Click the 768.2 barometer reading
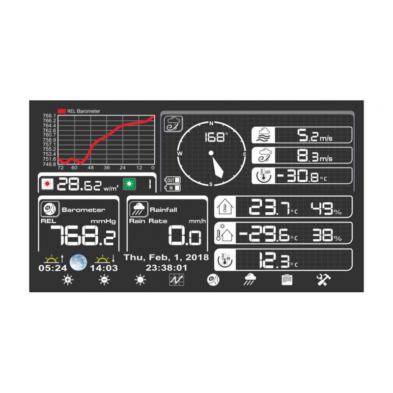pyautogui.click(x=83, y=235)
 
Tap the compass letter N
pyautogui.click(x=211, y=123)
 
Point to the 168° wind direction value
pyautogui.click(x=217, y=138)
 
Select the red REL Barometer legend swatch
pyautogui.click(x=62, y=111)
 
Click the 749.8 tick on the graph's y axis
pyautogui.click(x=50, y=164)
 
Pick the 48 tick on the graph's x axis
pyautogui.click(x=90, y=168)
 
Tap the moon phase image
pyautogui.click(x=79, y=262)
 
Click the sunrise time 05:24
pyautogui.click(x=53, y=268)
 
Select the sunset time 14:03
pyautogui.click(x=104, y=268)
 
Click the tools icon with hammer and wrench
pyautogui.click(x=323, y=280)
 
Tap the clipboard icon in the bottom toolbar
pyautogui.click(x=287, y=280)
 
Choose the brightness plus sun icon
pyautogui.click(x=68, y=280)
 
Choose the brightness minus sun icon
pyautogui.click(x=105, y=280)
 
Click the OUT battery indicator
pyautogui.click(x=172, y=180)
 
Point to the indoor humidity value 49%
pyautogui.click(x=326, y=208)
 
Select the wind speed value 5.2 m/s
pyautogui.click(x=315, y=136)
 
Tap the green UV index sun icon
pyautogui.click(x=129, y=184)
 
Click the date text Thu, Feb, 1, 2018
pyautogui.click(x=166, y=257)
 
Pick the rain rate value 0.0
pyautogui.click(x=185, y=235)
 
